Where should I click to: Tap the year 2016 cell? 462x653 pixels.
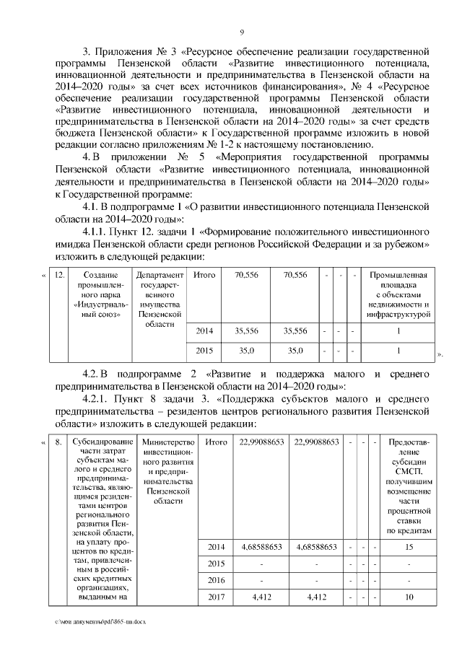[x=216, y=579]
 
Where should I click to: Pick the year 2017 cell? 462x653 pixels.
[x=216, y=597]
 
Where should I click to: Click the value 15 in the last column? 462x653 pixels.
[x=409, y=546]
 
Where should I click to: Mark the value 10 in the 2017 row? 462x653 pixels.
[x=409, y=597]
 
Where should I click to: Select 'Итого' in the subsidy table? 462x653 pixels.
[x=216, y=442]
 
